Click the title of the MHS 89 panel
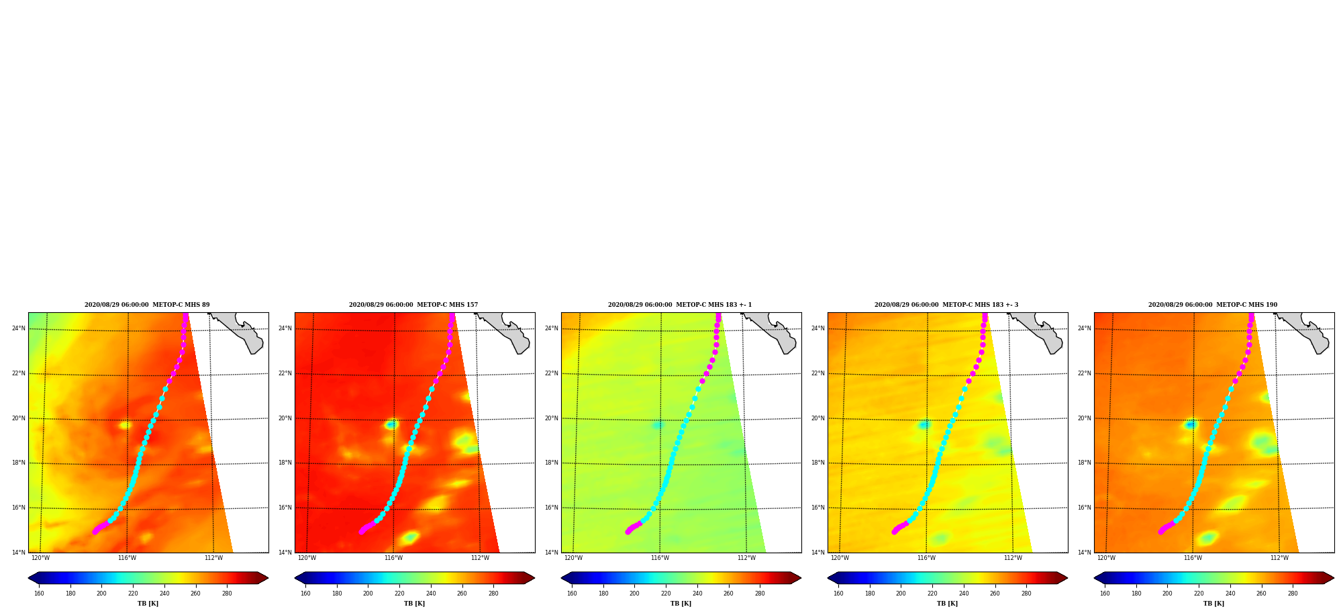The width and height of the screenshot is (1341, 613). (147, 305)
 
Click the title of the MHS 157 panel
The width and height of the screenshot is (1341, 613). (413, 305)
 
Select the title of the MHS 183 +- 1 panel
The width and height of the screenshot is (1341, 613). (680, 305)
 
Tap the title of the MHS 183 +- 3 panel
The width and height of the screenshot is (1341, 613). (946, 305)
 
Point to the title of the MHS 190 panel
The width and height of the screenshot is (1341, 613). (1213, 305)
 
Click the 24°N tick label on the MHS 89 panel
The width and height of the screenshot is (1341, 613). (19, 328)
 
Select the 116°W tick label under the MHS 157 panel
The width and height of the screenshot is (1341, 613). (393, 558)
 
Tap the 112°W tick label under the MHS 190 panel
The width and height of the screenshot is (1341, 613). (1279, 558)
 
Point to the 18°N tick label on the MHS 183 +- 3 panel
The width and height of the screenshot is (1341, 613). (818, 463)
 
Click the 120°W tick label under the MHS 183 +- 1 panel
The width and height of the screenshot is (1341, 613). (573, 558)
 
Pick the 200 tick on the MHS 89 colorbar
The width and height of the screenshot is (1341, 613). (101, 594)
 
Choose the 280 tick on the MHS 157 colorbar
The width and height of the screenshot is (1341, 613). (493, 594)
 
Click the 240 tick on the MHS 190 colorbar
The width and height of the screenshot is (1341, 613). (1230, 594)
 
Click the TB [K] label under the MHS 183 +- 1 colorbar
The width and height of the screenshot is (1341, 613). (681, 604)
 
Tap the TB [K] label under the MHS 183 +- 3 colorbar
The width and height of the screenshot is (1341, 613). (947, 604)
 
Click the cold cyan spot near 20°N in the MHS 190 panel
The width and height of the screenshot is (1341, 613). (1191, 424)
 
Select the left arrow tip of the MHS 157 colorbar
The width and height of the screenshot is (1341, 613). (295, 577)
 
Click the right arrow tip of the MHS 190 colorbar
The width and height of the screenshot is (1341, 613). (1333, 577)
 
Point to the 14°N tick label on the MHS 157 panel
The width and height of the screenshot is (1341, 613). (285, 553)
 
